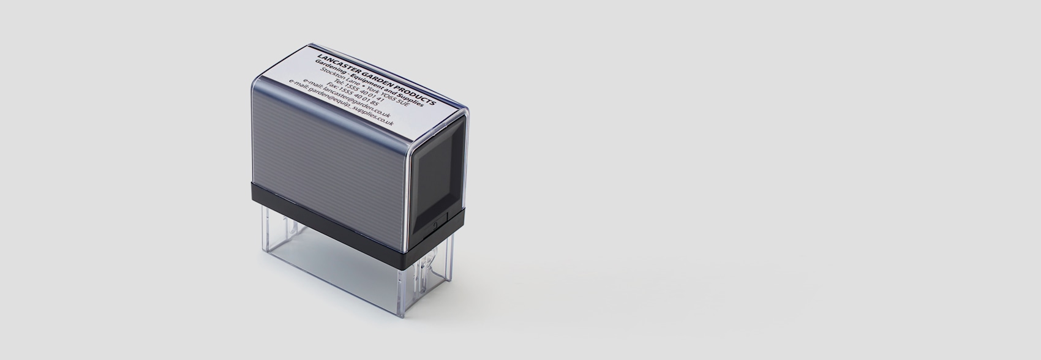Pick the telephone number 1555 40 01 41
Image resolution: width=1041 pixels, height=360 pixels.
366,94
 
